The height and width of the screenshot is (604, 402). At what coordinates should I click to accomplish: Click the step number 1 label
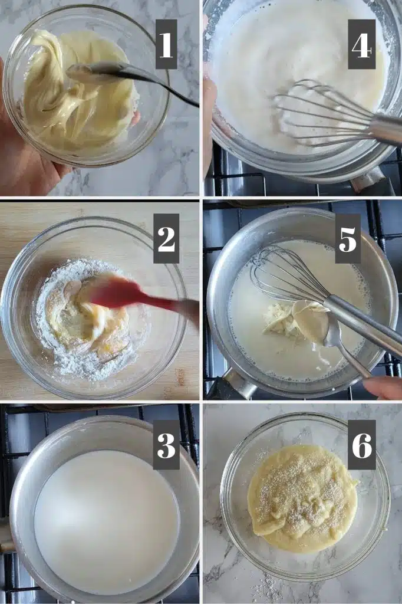coord(166,44)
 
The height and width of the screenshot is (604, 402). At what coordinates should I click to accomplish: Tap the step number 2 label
coord(166,238)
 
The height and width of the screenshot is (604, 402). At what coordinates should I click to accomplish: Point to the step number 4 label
coord(361,44)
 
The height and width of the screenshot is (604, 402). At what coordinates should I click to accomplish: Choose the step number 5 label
coord(348,238)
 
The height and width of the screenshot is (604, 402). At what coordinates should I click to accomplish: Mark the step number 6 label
coord(362,445)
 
